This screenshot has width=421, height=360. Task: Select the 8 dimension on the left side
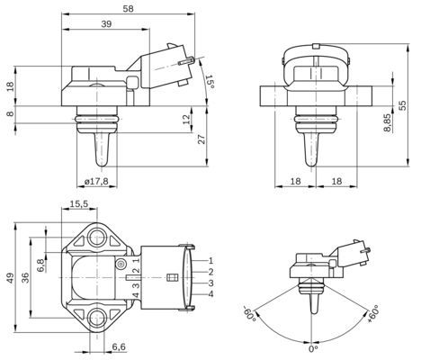(x=11, y=112)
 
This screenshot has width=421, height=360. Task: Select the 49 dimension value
(x=11, y=279)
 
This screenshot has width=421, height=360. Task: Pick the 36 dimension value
(x=25, y=279)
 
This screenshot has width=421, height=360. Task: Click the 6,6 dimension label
(x=119, y=346)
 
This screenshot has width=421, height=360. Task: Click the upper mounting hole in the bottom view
(x=97, y=238)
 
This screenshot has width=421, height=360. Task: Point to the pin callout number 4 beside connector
(x=210, y=294)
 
